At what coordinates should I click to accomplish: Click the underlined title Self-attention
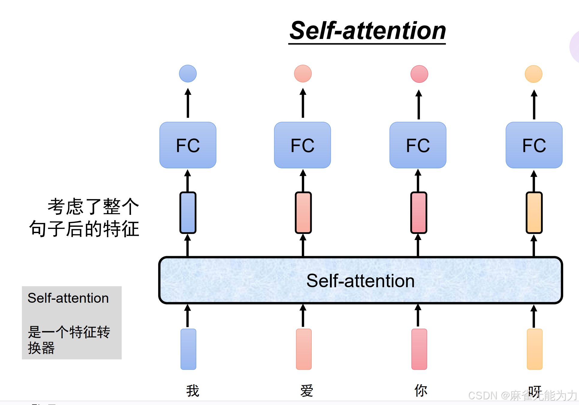tap(367, 31)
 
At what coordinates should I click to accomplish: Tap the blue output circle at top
tap(188, 73)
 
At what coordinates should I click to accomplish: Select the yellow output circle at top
tap(534, 74)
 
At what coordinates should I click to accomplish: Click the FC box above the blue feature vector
tap(188, 145)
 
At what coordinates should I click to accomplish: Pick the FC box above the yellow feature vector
tap(534, 145)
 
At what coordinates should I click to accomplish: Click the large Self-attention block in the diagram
tap(361, 280)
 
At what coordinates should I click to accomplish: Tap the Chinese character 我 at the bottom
tap(192, 391)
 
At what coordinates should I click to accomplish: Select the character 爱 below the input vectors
tap(307, 391)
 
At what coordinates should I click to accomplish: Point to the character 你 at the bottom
tap(421, 391)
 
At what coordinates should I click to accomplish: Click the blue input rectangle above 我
tap(188, 349)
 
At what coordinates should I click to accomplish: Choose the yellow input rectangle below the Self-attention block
tap(534, 349)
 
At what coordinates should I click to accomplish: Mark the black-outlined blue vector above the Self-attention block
tap(188, 213)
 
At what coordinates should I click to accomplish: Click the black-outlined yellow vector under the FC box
tap(534, 213)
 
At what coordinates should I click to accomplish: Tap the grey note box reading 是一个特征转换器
tap(72, 323)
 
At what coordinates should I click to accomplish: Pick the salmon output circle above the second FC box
tap(303, 73)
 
